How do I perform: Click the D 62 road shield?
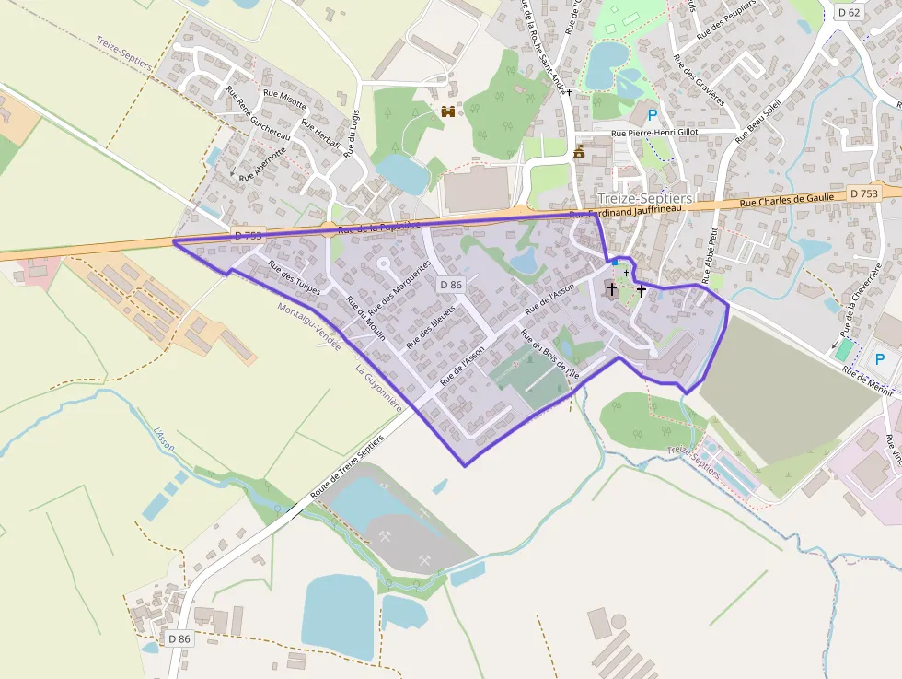coord(849,12)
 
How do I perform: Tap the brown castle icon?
coord(449,111)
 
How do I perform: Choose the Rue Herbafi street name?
coord(321,135)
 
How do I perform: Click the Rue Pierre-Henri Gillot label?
coord(655,133)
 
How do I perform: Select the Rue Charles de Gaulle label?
coord(787,197)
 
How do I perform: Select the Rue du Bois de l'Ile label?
coord(549,355)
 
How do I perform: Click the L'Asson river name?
coord(165,440)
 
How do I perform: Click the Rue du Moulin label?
coord(365,318)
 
